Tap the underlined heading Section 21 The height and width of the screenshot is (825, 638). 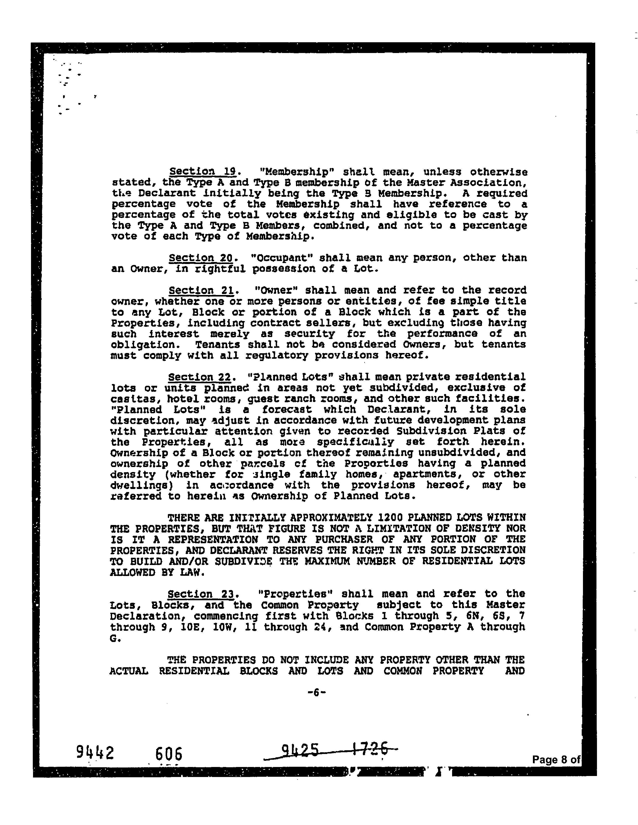(202, 290)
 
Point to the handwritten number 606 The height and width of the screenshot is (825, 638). (169, 754)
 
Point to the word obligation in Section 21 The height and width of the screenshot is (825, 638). (138, 345)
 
